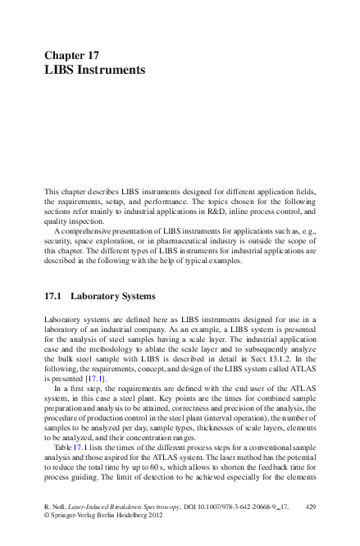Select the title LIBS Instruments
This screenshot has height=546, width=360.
coord(94,71)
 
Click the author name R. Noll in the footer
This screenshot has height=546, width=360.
coord(56,508)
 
